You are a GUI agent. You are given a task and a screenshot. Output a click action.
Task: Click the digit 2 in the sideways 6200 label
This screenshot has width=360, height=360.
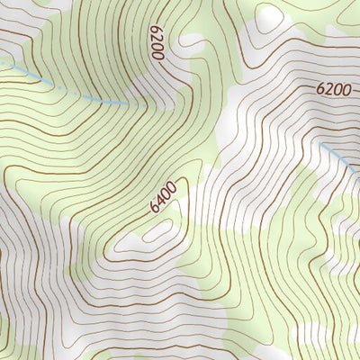157,37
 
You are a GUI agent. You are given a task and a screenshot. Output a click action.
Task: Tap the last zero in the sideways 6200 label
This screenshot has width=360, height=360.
157,54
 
